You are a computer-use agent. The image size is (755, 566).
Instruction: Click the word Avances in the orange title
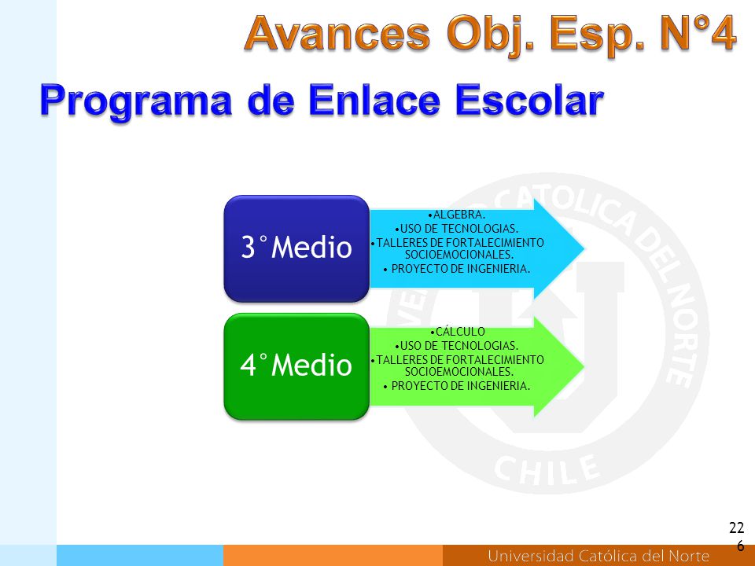click(x=337, y=33)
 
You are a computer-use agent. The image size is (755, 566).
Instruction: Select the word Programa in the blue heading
click(x=135, y=101)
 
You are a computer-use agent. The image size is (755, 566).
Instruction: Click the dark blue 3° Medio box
click(x=296, y=248)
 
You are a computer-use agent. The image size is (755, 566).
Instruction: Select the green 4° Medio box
click(x=296, y=366)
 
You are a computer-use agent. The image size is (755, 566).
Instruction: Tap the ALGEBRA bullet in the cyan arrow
click(x=457, y=214)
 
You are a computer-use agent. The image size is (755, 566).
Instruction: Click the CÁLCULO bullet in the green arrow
click(x=457, y=331)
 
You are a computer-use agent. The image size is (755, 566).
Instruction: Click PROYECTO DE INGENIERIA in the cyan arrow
click(x=457, y=269)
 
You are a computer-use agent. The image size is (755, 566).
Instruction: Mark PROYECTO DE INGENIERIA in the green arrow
click(x=457, y=385)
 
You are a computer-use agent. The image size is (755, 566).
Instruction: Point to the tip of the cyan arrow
click(x=584, y=249)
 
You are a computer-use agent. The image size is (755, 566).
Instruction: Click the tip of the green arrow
click(x=584, y=367)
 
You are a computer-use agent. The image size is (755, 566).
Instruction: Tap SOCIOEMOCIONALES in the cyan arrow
click(x=459, y=254)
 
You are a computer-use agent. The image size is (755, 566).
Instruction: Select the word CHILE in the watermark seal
click(x=547, y=469)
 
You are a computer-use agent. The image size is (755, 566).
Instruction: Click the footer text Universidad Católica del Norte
click(x=598, y=556)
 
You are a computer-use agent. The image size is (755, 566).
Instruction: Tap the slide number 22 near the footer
click(x=736, y=527)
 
